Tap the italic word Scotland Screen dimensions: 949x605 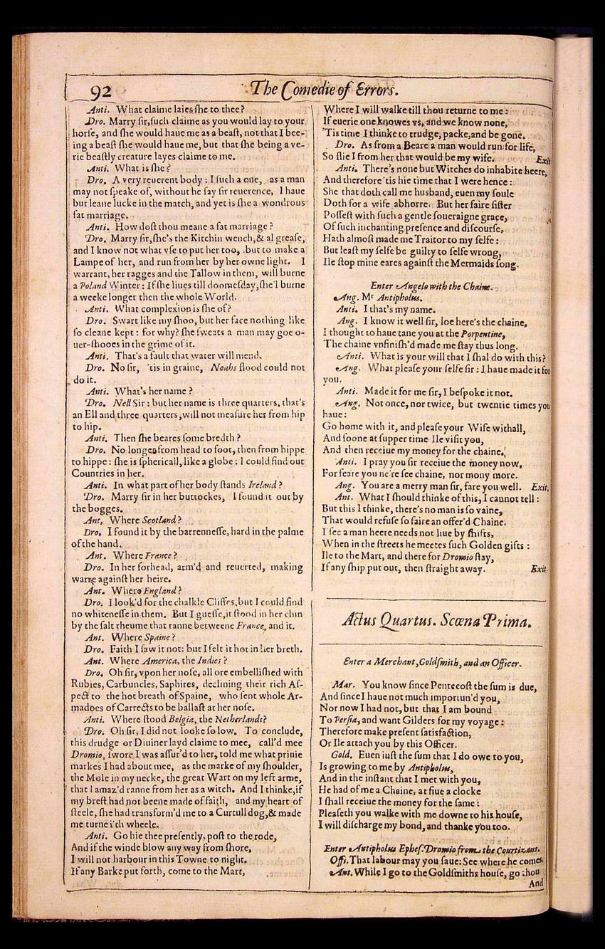pyautogui.click(x=161, y=520)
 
